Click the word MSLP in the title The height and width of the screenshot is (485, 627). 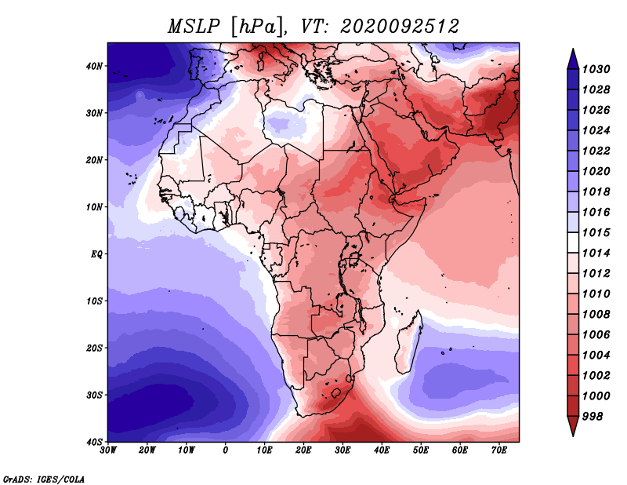[x=194, y=27]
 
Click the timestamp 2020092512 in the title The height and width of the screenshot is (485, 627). [x=399, y=27]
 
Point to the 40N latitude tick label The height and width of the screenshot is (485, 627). [x=94, y=66]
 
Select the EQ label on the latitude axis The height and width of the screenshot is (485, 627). [x=96, y=254]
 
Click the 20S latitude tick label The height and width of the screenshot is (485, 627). [x=94, y=348]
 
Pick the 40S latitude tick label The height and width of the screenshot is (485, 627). [x=94, y=442]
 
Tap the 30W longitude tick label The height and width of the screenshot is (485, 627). [x=108, y=450]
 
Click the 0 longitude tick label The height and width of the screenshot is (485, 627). [x=226, y=450]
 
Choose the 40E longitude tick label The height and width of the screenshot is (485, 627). [x=382, y=450]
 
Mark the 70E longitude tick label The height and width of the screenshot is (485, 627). [x=499, y=450]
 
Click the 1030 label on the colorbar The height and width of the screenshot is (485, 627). [x=596, y=69]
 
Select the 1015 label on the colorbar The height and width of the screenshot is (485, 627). [x=596, y=232]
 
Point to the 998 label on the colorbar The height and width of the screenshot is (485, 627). [x=593, y=417]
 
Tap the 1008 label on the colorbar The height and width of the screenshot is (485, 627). [x=596, y=315]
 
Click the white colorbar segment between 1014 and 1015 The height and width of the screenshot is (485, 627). [x=573, y=242]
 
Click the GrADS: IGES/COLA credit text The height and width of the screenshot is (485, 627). [x=44, y=480]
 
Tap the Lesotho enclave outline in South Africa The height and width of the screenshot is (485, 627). [x=336, y=392]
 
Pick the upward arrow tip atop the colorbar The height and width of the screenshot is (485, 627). [x=573, y=49]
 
